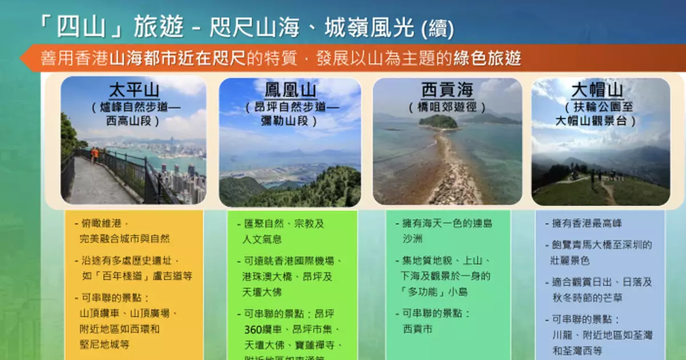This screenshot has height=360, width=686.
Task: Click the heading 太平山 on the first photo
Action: click(x=134, y=91)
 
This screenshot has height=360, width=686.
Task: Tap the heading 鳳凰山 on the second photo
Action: click(x=290, y=91)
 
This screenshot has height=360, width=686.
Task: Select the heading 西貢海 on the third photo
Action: click(x=447, y=90)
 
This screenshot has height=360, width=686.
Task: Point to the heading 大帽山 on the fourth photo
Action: click(x=600, y=90)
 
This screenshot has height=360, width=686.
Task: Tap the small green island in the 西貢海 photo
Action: click(x=438, y=121)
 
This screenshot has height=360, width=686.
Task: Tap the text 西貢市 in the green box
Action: click(x=417, y=329)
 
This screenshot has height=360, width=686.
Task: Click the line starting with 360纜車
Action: click(x=292, y=330)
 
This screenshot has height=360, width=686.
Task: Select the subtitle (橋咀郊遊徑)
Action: click(x=447, y=107)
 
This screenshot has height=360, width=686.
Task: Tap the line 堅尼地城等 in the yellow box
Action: click(x=105, y=345)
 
